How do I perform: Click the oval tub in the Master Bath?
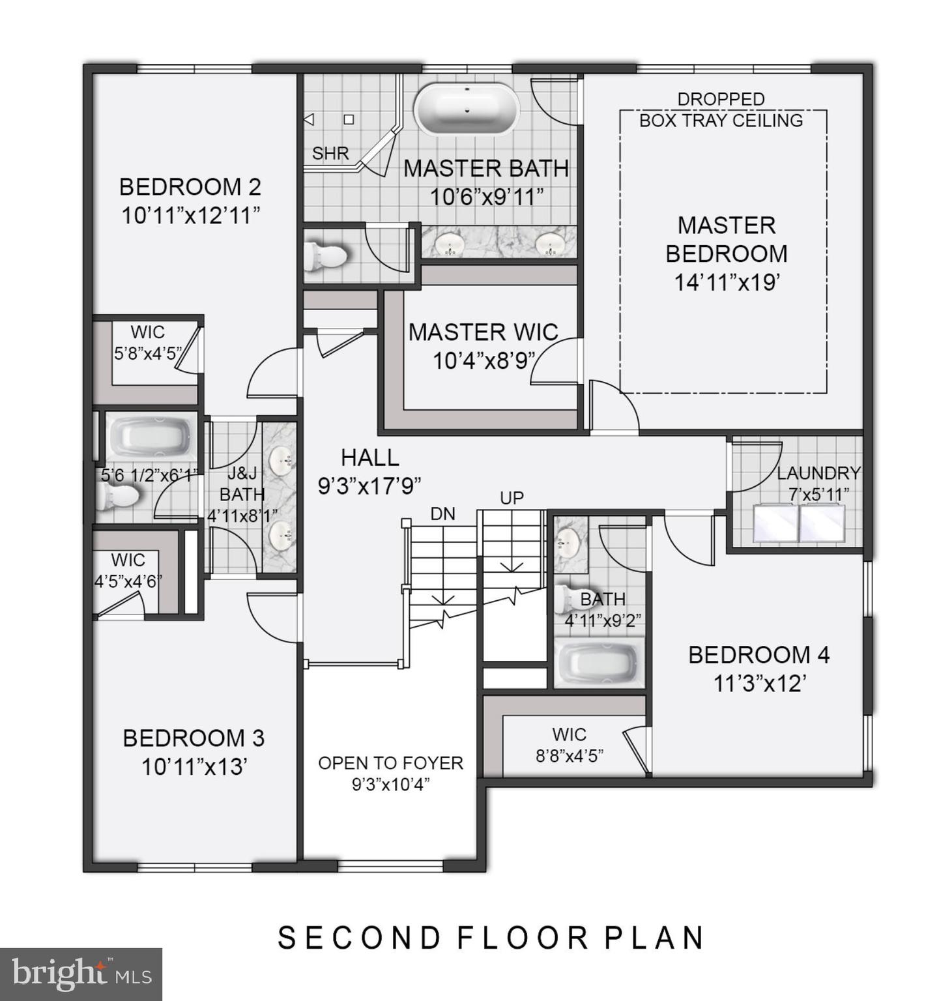(x=467, y=109)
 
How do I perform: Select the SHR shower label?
(x=330, y=154)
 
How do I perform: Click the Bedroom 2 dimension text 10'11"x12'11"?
(x=191, y=215)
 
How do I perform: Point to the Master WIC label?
(x=483, y=332)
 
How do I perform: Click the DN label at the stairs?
(x=442, y=514)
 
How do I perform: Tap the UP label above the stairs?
(x=512, y=498)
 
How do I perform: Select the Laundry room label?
(x=818, y=473)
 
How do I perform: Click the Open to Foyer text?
(x=390, y=763)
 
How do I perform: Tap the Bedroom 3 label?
(x=194, y=738)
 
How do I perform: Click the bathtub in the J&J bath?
(x=151, y=436)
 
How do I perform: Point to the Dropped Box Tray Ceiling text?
(x=721, y=110)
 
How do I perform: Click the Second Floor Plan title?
(x=492, y=938)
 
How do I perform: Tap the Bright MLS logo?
(x=81, y=974)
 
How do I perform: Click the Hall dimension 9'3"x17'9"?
(x=369, y=486)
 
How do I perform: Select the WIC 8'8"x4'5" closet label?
(x=569, y=745)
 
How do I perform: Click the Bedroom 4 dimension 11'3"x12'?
(x=760, y=684)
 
